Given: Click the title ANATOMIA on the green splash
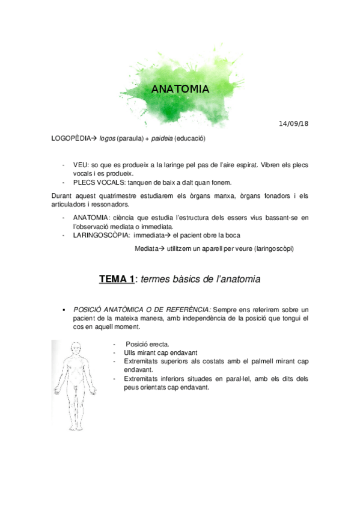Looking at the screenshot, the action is (180, 90).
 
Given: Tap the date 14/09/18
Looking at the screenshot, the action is (294, 124).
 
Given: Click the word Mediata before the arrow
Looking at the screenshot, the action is (147, 248).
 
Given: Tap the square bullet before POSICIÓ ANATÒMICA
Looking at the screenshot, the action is (63, 309).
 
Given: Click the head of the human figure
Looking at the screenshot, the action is (76, 347).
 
